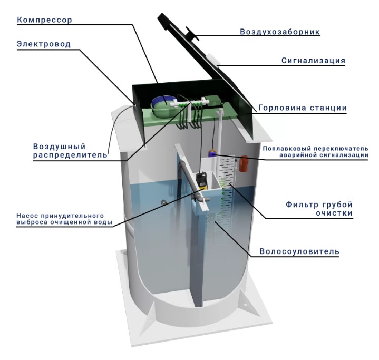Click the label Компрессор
pos(44,20)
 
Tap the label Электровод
pos(44,44)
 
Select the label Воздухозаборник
pos(280,32)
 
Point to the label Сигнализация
pos(313,61)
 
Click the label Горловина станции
pos(303,108)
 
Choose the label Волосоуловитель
pos(299,251)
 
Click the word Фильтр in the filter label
pos(302,205)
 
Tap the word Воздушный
pos(60,147)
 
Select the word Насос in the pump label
pos(26,216)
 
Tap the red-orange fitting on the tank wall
pos(244,163)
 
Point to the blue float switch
pos(212,153)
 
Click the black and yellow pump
pos(202,181)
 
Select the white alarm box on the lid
pos(213,59)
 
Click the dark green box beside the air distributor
pos(215,100)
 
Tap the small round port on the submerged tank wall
pos(164,201)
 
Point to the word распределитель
pos(70,155)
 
